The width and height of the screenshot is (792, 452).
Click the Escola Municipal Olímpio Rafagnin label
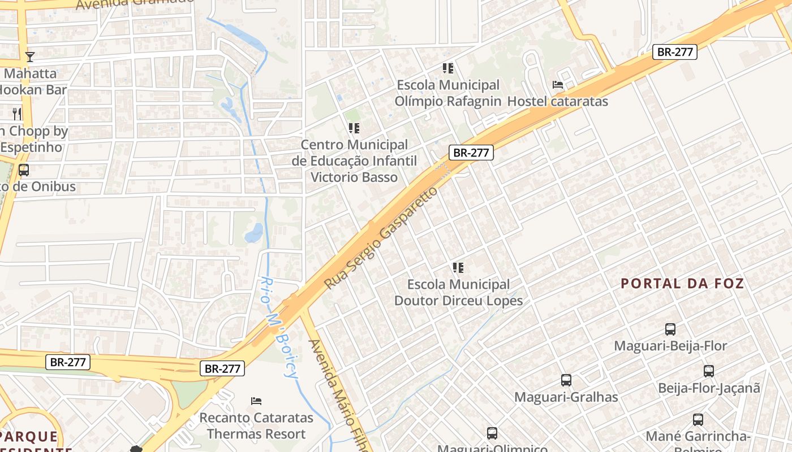pyautogui.click(x=449, y=93)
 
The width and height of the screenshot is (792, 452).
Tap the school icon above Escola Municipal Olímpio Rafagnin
pyautogui.click(x=448, y=68)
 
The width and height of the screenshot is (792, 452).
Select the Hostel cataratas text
pyautogui.click(x=557, y=102)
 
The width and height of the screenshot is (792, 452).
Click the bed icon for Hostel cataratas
pyautogui.click(x=558, y=85)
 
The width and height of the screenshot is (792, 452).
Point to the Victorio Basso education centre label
pyautogui.click(x=354, y=161)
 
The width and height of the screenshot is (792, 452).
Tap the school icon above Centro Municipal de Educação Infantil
pyautogui.click(x=354, y=128)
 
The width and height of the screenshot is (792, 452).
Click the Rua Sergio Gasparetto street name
pyautogui.click(x=381, y=238)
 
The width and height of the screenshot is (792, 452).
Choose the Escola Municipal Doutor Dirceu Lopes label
pyautogui.click(x=458, y=292)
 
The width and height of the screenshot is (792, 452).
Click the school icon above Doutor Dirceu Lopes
pyautogui.click(x=458, y=267)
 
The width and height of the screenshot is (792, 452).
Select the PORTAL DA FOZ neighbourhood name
pyautogui.click(x=682, y=284)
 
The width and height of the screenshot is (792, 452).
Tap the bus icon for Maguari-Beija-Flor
pyautogui.click(x=670, y=329)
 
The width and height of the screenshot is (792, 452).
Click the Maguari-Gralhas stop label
pyautogui.click(x=566, y=397)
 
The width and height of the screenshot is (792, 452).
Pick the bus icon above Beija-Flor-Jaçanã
pyautogui.click(x=709, y=371)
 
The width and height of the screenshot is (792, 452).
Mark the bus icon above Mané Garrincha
pyautogui.click(x=698, y=420)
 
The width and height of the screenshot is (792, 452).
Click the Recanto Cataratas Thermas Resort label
pyautogui.click(x=256, y=426)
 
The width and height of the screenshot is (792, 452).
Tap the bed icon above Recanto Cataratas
pyautogui.click(x=256, y=401)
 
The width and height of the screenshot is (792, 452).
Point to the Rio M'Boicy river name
pyautogui.click(x=280, y=328)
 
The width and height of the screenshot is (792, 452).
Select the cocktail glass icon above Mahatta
pyautogui.click(x=30, y=56)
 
